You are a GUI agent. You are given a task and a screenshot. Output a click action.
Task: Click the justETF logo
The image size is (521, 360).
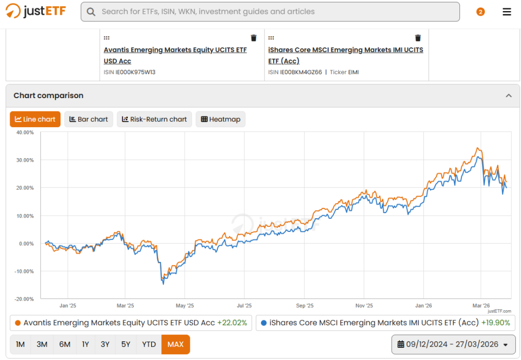pyautogui.click(x=36, y=11)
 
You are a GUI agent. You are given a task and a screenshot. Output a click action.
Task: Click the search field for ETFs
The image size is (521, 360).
pyautogui.click(x=270, y=12)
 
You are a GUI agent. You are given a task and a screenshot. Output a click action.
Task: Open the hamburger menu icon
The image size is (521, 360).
pyautogui.click(x=507, y=12)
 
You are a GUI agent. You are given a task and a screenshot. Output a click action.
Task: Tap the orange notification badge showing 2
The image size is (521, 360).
pyautogui.click(x=480, y=12)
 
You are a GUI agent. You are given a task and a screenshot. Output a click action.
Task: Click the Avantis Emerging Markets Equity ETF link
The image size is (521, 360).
pyautogui.click(x=175, y=55)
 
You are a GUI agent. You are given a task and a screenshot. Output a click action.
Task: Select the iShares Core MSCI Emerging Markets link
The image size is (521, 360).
pyautogui.click(x=345, y=55)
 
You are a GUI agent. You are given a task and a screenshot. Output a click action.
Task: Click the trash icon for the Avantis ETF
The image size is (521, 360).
pyautogui.click(x=253, y=38)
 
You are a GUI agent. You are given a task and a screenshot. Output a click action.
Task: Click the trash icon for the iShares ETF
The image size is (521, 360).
pyautogui.click(x=418, y=38)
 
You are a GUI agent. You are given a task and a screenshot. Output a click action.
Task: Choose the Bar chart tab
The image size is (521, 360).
pyautogui.click(x=89, y=119)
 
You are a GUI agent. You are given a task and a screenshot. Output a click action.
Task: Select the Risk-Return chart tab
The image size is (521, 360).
pyautogui.click(x=155, y=119)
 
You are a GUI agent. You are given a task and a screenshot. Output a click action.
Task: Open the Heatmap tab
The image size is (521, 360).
pyautogui.click(x=221, y=119)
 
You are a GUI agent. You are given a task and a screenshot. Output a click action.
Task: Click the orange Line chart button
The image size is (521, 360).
pyautogui.click(x=35, y=119)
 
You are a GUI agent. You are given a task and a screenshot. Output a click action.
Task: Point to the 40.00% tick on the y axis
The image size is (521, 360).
pyautogui.click(x=25, y=133)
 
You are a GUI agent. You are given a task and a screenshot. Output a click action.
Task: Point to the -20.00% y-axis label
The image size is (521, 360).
pyautogui.click(x=24, y=299)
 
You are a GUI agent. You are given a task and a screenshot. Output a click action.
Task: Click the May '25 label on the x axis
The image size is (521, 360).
pyautogui.click(x=185, y=306)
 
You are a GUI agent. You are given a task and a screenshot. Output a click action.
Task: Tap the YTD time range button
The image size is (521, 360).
pyautogui.click(x=149, y=344)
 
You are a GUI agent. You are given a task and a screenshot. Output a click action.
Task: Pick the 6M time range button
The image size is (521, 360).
pyautogui.click(x=65, y=344)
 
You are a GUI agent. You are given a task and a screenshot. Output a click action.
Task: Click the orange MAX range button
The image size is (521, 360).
pyautogui.click(x=176, y=344)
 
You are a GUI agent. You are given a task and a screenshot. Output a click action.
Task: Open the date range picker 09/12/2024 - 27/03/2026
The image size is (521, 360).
pyautogui.click(x=453, y=344)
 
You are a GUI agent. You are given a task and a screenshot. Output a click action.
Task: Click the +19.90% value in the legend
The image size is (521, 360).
pyautogui.click(x=496, y=323)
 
